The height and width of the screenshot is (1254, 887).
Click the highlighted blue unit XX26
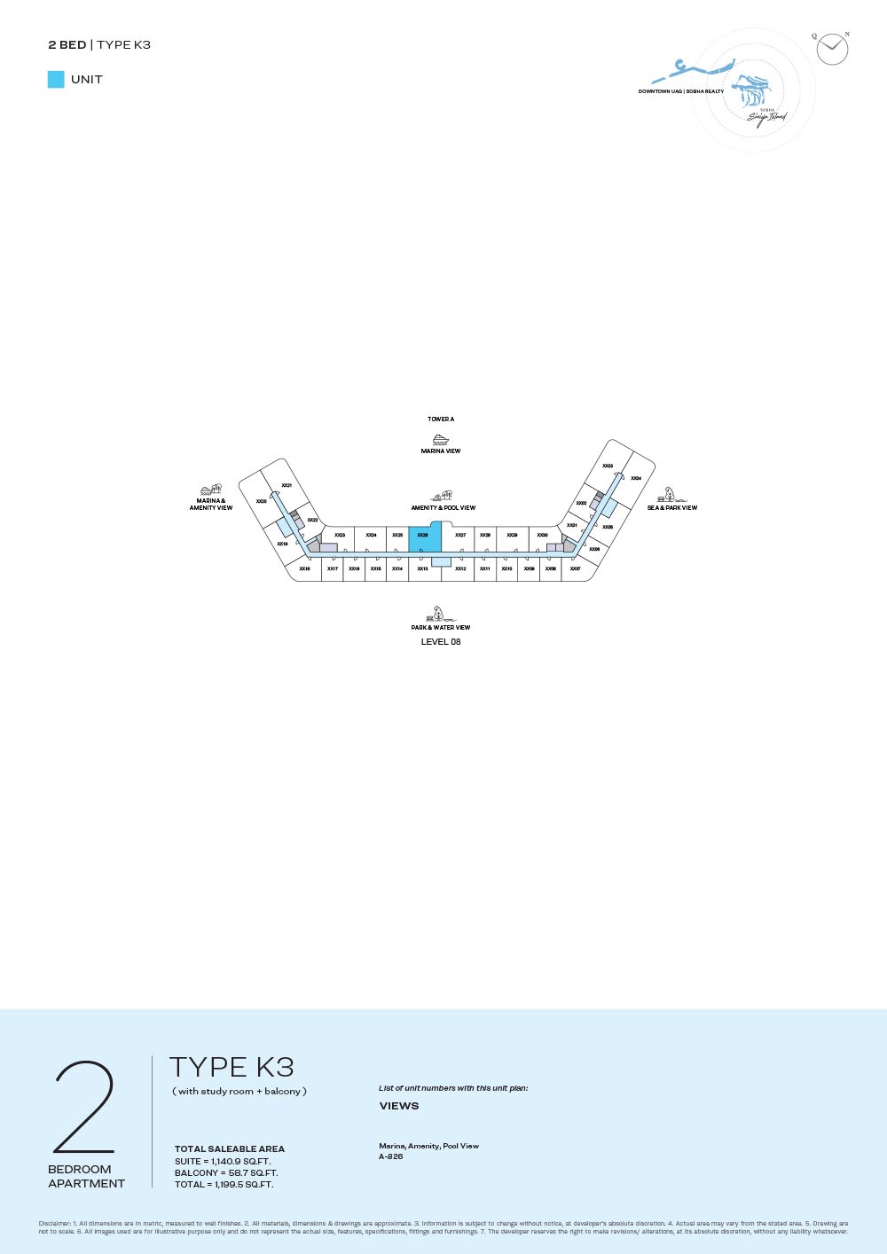[x=424, y=538]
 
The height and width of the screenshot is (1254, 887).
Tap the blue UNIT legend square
[x=56, y=79]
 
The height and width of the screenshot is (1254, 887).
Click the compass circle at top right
[x=832, y=49]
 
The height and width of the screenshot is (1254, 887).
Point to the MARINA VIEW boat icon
[x=441, y=439]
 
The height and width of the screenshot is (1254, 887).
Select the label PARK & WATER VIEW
[x=441, y=627]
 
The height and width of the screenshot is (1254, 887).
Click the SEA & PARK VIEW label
[x=672, y=508]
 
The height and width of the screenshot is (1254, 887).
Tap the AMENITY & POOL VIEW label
[x=443, y=508]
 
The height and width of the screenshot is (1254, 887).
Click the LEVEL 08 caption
[x=441, y=642]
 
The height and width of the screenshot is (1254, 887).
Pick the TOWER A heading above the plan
[x=441, y=419]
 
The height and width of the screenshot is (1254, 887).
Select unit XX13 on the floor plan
[x=422, y=568]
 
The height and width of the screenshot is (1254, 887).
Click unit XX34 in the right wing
[x=636, y=478]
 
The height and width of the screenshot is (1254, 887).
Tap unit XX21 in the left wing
[x=287, y=485]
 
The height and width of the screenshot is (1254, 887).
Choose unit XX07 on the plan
[x=576, y=568]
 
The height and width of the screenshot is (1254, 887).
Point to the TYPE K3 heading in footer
[x=232, y=1067]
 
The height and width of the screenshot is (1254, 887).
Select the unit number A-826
[x=391, y=1156]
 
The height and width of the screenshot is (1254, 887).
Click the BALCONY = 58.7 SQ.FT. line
[x=226, y=1172]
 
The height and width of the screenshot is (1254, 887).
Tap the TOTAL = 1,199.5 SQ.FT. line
[x=224, y=1184]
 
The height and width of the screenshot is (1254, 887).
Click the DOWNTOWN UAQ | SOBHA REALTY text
[x=681, y=91]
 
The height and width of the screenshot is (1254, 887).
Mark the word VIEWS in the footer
[x=399, y=1106]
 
